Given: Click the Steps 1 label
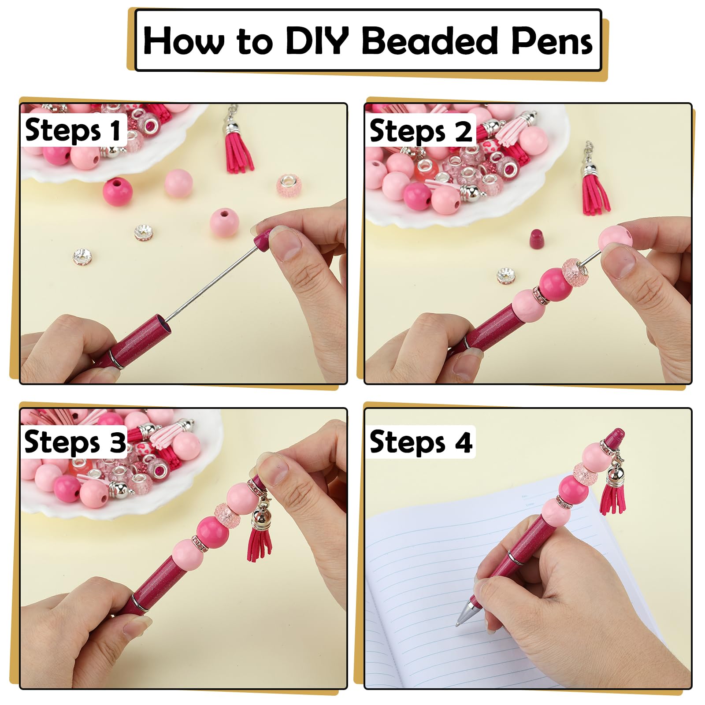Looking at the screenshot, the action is tap(73, 130).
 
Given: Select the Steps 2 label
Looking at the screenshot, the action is tap(420, 131).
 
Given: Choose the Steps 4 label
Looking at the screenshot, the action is tap(421, 442).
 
